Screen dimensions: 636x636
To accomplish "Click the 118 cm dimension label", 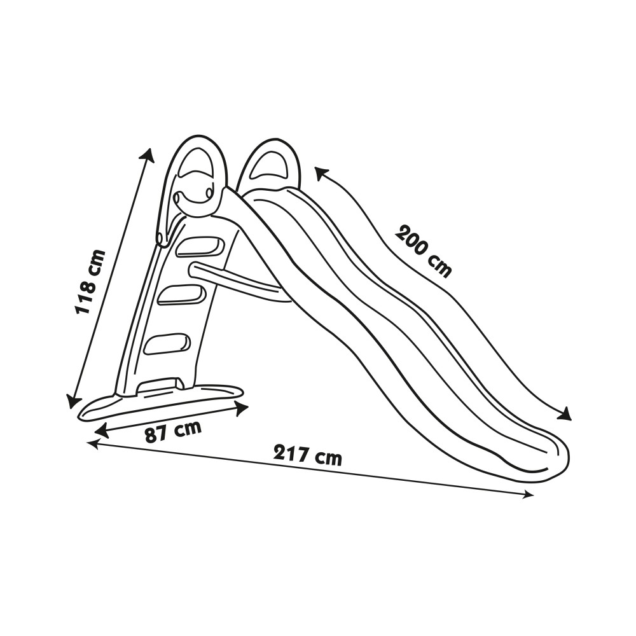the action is (90, 282).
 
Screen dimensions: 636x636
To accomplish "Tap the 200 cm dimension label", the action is (423, 251).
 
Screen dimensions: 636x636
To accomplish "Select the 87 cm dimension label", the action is (173, 432).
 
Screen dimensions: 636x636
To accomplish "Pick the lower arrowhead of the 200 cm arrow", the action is (565, 415).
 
